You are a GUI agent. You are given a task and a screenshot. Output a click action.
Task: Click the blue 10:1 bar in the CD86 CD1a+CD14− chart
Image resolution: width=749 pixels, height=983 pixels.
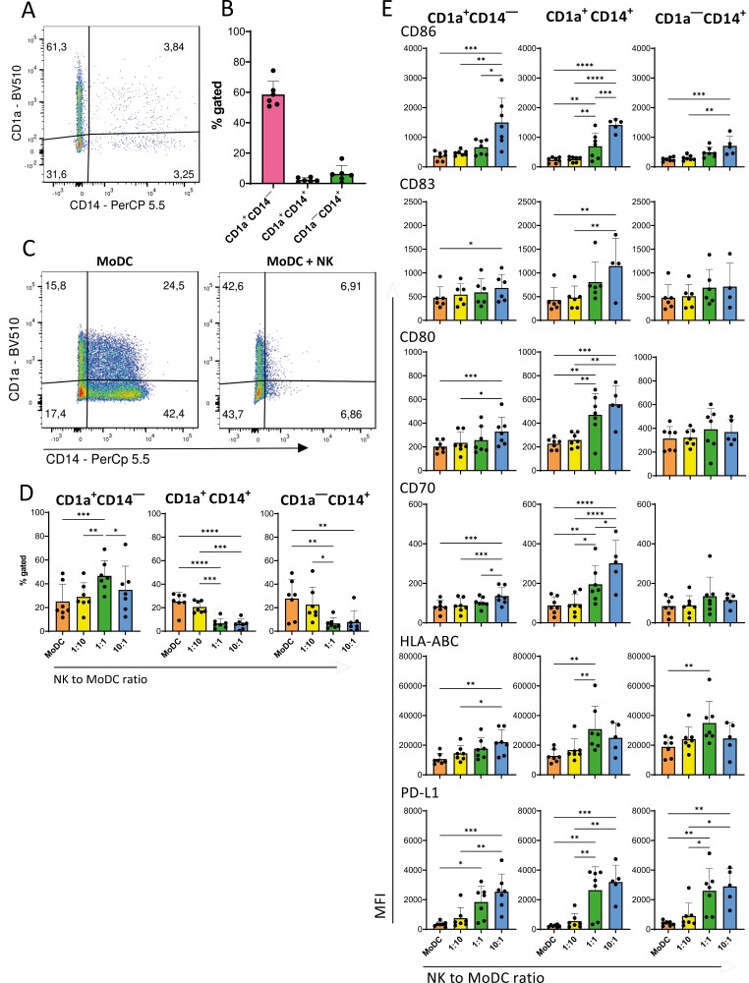point(503,145)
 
